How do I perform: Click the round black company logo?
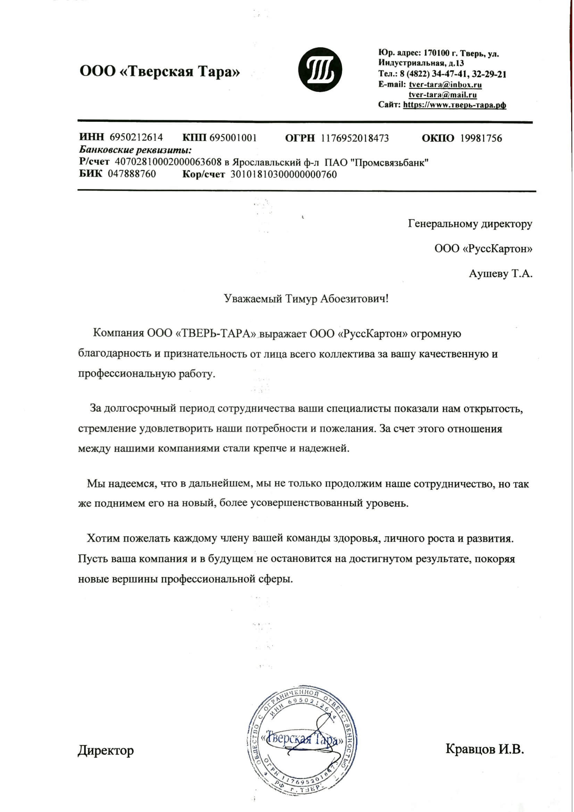coord(320,70)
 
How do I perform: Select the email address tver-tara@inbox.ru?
coord(445,85)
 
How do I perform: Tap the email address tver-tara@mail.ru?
coord(442,95)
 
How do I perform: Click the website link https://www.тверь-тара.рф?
coord(455,105)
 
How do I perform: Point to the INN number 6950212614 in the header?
coord(136,137)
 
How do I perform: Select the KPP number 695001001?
coord(233,137)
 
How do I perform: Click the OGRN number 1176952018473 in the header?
coord(355,138)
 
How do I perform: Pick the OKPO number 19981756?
coord(481,138)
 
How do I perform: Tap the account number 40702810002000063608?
coord(169,162)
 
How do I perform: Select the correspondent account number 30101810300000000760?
coord(284,174)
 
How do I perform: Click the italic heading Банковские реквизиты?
coord(135,150)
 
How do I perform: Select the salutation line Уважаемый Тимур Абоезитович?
coord(307,299)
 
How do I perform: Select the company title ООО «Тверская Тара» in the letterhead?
coord(160,72)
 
